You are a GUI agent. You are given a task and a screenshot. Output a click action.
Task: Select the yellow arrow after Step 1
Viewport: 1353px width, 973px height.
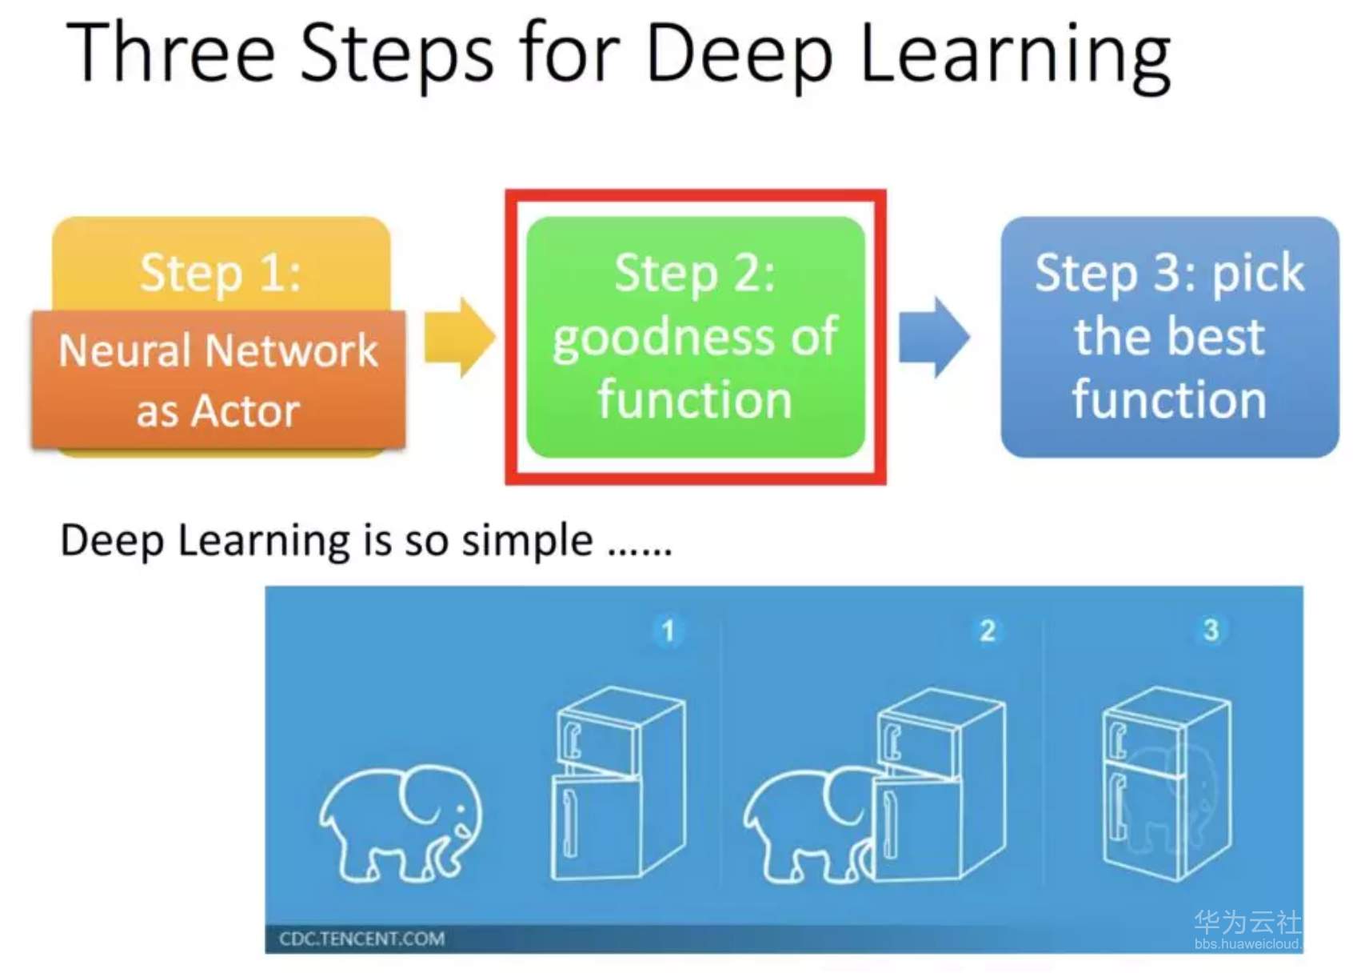tap(459, 337)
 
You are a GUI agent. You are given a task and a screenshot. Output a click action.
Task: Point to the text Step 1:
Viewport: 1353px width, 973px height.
tap(221, 273)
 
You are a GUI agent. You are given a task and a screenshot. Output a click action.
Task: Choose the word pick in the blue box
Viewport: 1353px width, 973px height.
tap(1258, 274)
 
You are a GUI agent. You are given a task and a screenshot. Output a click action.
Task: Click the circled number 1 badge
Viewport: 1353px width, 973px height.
tap(668, 631)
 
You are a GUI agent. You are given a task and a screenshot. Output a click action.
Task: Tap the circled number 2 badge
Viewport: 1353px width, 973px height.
tap(988, 631)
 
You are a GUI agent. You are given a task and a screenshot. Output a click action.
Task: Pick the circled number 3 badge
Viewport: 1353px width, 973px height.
tap(1211, 630)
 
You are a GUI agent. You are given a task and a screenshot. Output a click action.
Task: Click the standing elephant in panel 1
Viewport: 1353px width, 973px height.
tap(401, 824)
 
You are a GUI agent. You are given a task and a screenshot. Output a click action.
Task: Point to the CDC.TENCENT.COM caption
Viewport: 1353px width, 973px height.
tap(361, 939)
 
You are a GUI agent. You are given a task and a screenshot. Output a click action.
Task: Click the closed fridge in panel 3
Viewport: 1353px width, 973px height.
tap(1166, 784)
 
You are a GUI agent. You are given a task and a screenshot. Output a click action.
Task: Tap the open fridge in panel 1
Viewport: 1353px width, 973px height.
tap(617, 784)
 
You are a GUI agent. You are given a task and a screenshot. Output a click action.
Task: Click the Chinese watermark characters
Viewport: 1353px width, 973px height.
tap(1247, 922)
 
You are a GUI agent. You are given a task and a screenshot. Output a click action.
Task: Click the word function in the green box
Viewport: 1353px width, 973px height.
tap(694, 399)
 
